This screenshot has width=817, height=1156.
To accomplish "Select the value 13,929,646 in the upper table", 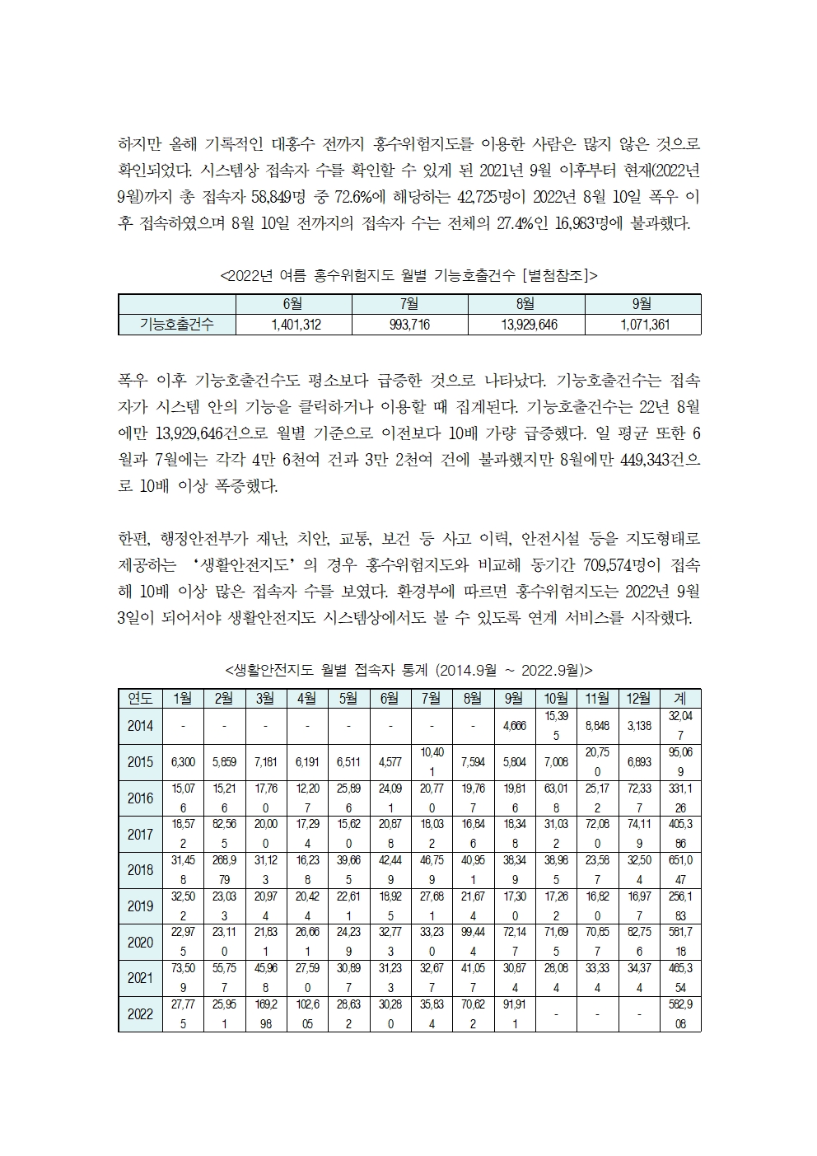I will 528,325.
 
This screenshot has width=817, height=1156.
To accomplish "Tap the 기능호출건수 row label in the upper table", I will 176,325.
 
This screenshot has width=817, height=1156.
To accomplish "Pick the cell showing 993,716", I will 409,325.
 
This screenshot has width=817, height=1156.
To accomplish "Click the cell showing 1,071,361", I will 644,325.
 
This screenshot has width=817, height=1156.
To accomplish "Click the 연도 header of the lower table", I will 140,698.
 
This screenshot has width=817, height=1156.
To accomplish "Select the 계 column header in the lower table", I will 680,698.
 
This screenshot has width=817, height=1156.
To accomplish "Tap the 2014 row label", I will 140,726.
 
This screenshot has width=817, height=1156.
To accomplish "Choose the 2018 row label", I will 140,870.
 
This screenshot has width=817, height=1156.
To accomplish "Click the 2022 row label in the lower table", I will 140,1014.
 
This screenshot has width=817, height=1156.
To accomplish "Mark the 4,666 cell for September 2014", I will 514,726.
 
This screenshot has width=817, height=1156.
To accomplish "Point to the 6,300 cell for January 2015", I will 183,762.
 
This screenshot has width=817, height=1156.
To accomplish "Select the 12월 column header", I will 638,698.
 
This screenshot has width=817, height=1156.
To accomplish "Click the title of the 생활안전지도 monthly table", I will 408,669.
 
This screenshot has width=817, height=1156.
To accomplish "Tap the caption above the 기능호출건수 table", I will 408,275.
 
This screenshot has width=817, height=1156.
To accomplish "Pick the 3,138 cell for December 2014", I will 638,726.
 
